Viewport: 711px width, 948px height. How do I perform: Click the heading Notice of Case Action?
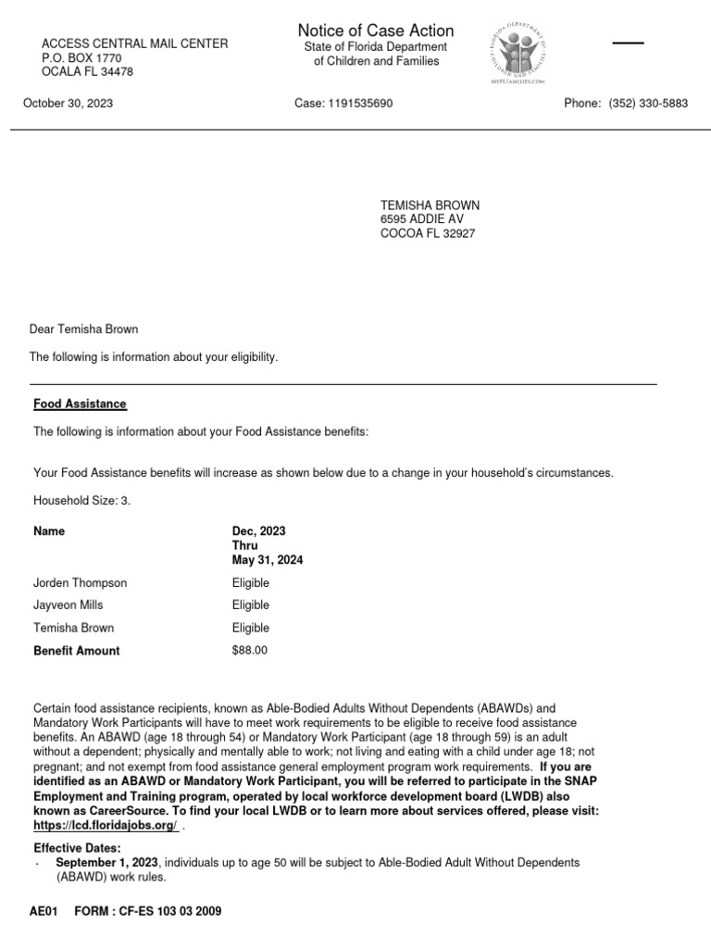pyautogui.click(x=375, y=31)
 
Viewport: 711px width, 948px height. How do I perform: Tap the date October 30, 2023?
pyautogui.click(x=69, y=104)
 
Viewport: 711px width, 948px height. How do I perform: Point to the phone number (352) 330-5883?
pyautogui.click(x=647, y=104)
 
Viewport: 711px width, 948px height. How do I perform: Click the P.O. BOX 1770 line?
pyautogui.click(x=81, y=58)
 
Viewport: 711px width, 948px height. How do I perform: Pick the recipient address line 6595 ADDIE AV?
pyautogui.click(x=422, y=219)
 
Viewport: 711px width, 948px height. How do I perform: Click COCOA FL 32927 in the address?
pyautogui.click(x=428, y=234)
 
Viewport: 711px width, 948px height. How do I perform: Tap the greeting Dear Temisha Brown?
pyautogui.click(x=84, y=330)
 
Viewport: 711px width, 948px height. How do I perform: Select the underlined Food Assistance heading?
pyautogui.click(x=81, y=405)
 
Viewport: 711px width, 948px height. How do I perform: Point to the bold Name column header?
pyautogui.click(x=49, y=531)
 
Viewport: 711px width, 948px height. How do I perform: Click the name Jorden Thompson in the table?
pyautogui.click(x=81, y=583)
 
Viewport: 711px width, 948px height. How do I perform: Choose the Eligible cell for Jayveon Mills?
pyautogui.click(x=251, y=605)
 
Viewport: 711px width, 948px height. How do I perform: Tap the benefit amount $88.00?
pyautogui.click(x=250, y=651)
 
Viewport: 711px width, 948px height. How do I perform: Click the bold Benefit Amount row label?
pyautogui.click(x=77, y=651)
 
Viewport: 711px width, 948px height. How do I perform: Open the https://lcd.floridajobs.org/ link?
pyautogui.click(x=106, y=825)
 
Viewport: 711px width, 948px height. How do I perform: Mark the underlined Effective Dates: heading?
pyautogui.click(x=77, y=848)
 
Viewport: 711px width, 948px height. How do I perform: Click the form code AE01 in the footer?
pyautogui.click(x=44, y=912)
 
